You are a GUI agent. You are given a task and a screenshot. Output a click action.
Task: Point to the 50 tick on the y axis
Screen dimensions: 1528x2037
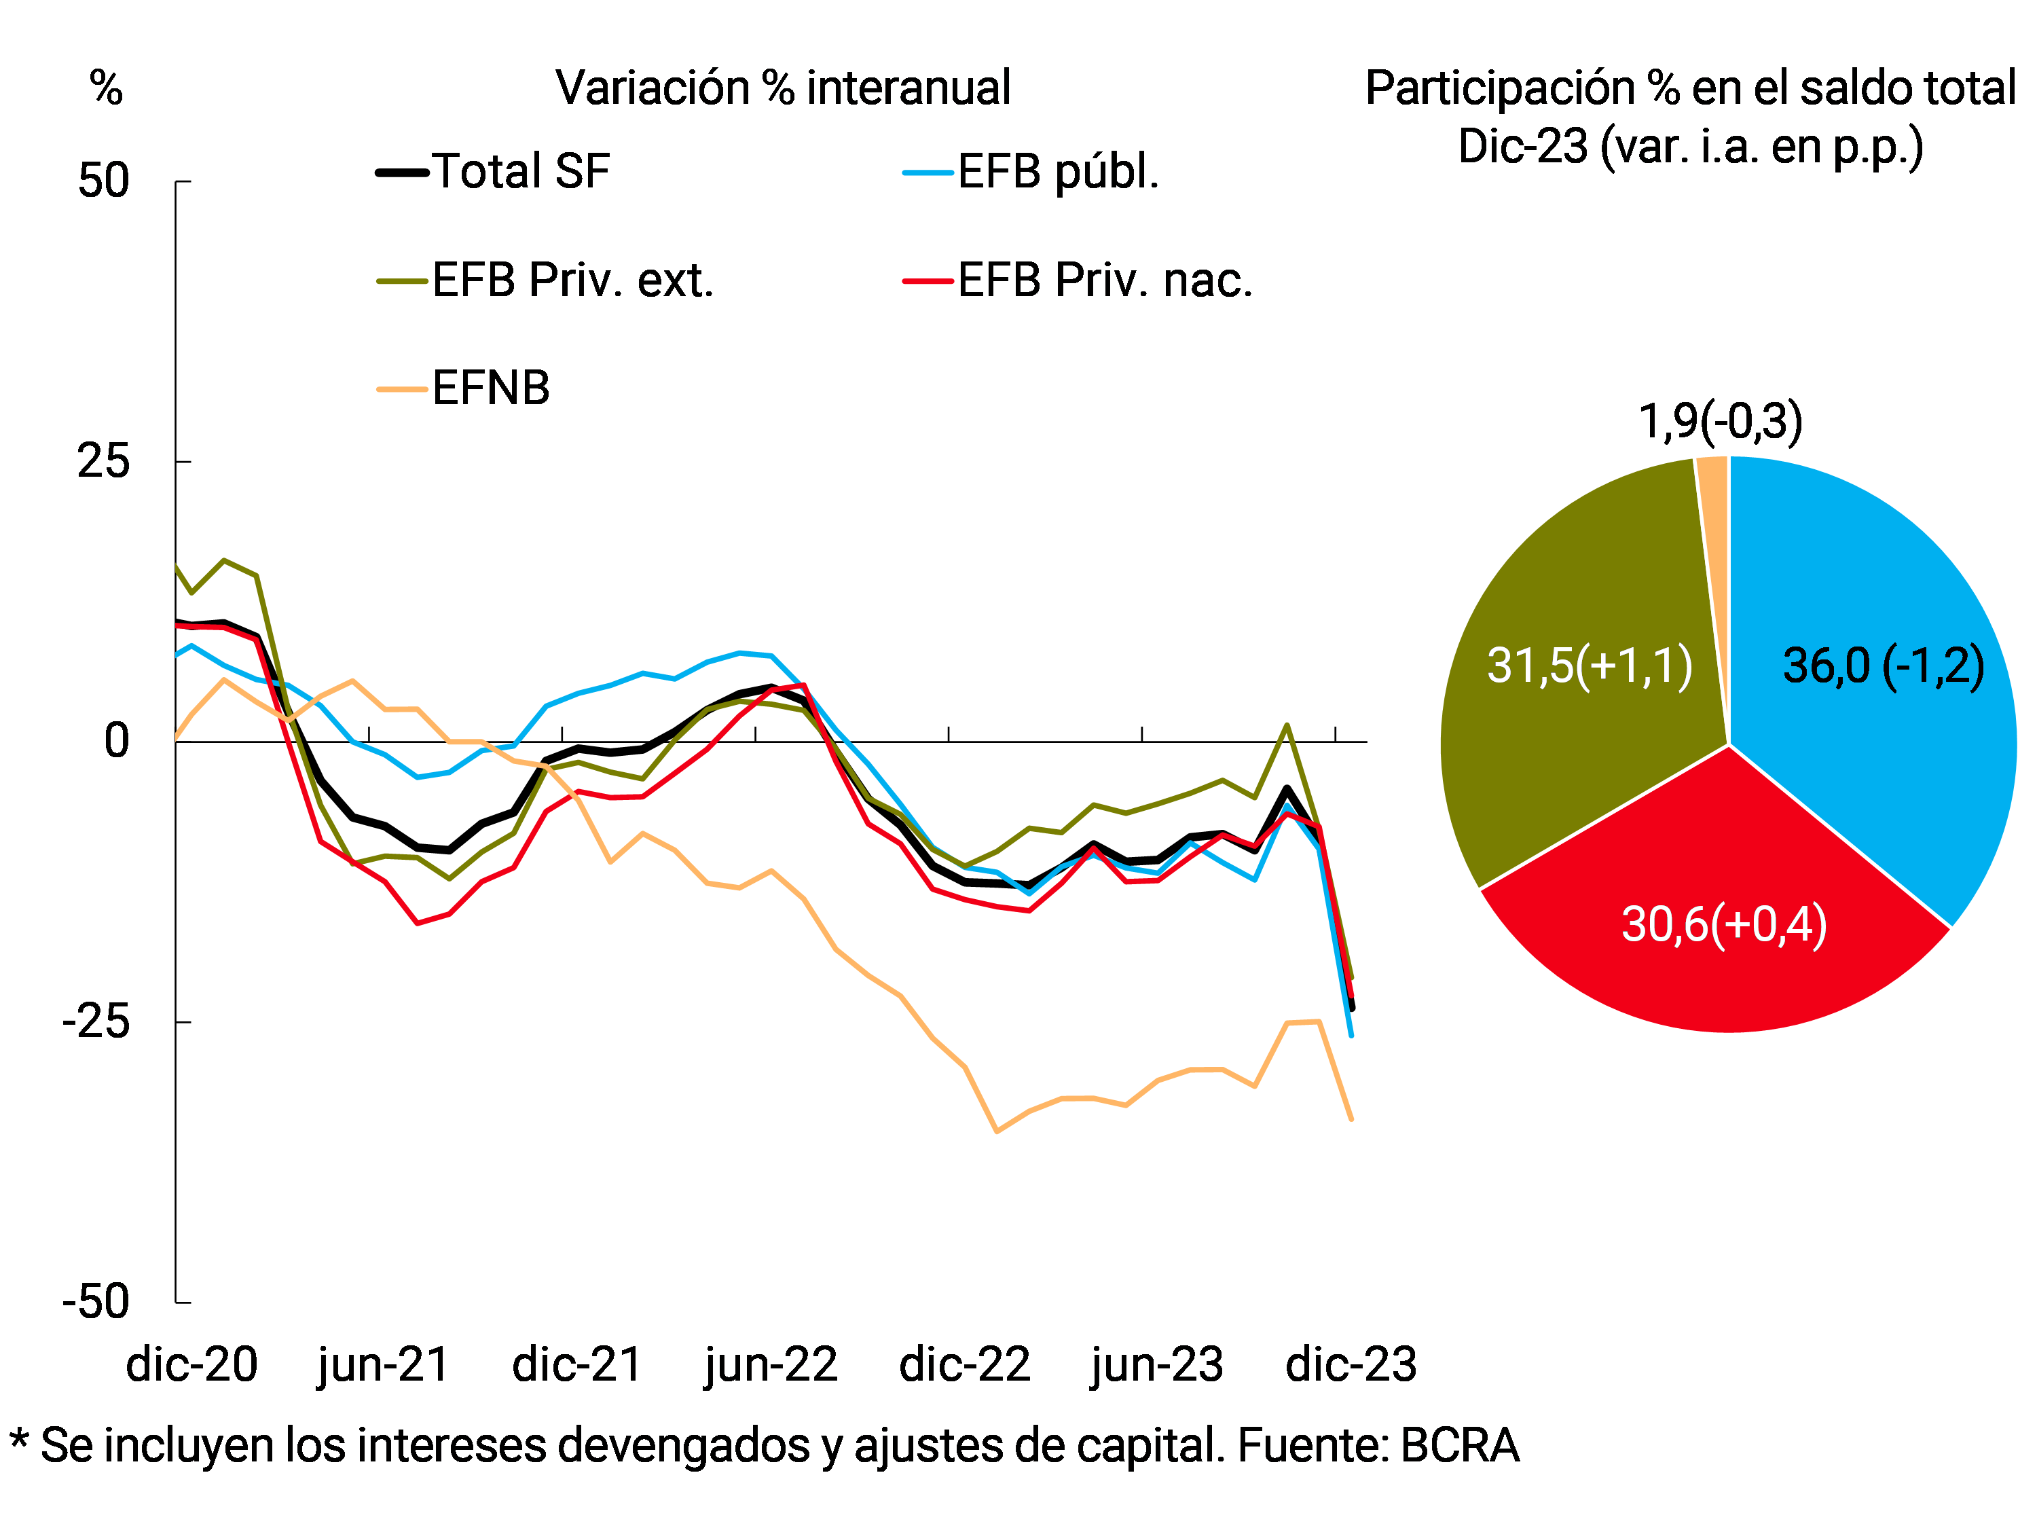[x=103, y=181]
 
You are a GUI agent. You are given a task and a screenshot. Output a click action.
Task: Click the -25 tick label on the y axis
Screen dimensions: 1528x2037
[x=96, y=1021]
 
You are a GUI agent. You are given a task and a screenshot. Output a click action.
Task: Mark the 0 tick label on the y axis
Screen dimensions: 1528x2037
[x=116, y=742]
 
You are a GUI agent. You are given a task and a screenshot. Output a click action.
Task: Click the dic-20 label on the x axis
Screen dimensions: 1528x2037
[x=191, y=1365]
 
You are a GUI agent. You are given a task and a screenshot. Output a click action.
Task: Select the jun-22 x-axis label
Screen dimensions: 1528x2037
[x=771, y=1365]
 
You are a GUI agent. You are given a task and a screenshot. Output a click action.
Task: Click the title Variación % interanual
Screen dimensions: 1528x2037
[x=783, y=88]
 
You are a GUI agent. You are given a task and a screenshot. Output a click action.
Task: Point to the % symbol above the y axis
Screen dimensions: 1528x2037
[x=106, y=88]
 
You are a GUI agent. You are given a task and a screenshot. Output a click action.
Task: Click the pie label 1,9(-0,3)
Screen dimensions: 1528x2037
[x=1720, y=422]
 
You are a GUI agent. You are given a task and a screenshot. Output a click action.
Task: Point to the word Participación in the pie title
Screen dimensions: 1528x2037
[x=1501, y=88]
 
